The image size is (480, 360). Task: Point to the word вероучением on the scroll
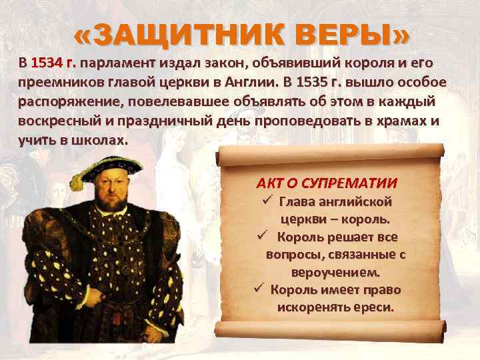click(x=335, y=272)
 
